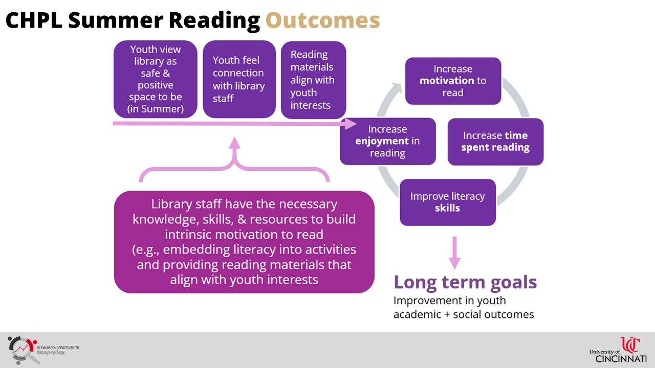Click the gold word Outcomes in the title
tap(322, 20)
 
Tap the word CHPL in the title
tap(34, 20)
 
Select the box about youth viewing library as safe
tap(155, 79)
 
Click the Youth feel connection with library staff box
tap(239, 79)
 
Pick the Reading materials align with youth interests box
tap(314, 80)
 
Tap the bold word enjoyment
tap(382, 141)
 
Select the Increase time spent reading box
tap(495, 142)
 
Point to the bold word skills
tap(447, 208)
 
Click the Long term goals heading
tap(465, 282)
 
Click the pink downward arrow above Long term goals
tap(455, 253)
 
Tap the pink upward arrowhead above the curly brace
tap(234, 143)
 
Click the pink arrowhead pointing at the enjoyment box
tap(351, 124)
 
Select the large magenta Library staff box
tap(244, 242)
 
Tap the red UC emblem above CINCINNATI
tap(630, 345)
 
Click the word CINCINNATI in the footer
tap(621, 359)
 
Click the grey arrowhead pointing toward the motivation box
tap(398, 87)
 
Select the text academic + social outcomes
tap(464, 314)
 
